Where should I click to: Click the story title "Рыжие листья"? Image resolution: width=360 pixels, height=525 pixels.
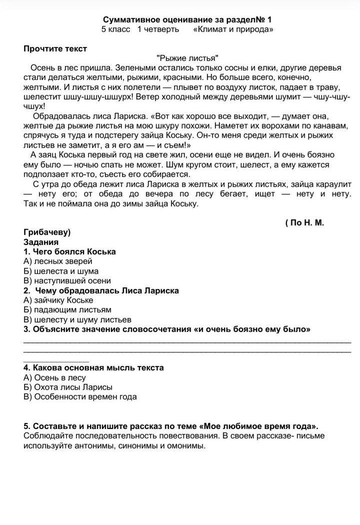click(187, 58)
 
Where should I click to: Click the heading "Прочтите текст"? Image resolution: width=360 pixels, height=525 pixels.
click(55, 49)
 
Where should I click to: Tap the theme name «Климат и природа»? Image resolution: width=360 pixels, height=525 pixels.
click(233, 29)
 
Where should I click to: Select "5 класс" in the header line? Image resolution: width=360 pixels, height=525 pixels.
click(115, 29)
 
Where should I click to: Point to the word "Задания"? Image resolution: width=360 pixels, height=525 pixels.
click(41, 242)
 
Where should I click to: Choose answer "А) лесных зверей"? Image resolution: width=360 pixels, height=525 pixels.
click(57, 261)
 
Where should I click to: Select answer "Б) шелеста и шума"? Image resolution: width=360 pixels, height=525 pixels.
click(61, 271)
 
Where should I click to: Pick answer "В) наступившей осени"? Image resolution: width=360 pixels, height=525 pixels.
click(67, 280)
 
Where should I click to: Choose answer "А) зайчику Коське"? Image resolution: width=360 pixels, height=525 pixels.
click(58, 300)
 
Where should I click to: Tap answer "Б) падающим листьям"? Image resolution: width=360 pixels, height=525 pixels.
click(67, 309)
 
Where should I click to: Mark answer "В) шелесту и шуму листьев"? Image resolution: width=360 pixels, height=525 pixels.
click(77, 319)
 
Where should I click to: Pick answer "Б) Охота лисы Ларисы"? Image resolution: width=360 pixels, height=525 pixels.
click(67, 387)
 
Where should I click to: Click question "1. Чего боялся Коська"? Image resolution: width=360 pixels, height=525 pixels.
click(69, 251)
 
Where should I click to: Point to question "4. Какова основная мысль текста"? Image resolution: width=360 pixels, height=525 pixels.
click(93, 367)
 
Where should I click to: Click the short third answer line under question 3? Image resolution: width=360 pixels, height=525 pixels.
click(56, 360)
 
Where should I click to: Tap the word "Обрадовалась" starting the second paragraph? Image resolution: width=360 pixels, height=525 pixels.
click(57, 116)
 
